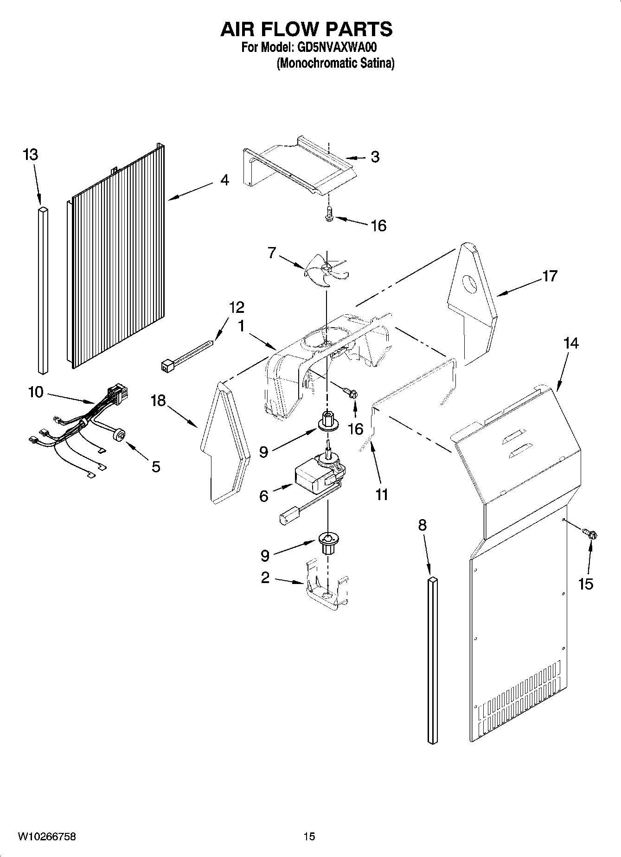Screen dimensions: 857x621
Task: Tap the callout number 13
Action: tap(30, 155)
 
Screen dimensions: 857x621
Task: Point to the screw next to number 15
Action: tap(590, 533)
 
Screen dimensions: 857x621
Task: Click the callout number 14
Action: tap(571, 343)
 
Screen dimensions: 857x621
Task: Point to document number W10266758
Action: tap(46, 837)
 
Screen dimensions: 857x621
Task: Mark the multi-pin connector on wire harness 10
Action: tap(117, 394)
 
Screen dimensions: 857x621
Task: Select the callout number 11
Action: tap(381, 495)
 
